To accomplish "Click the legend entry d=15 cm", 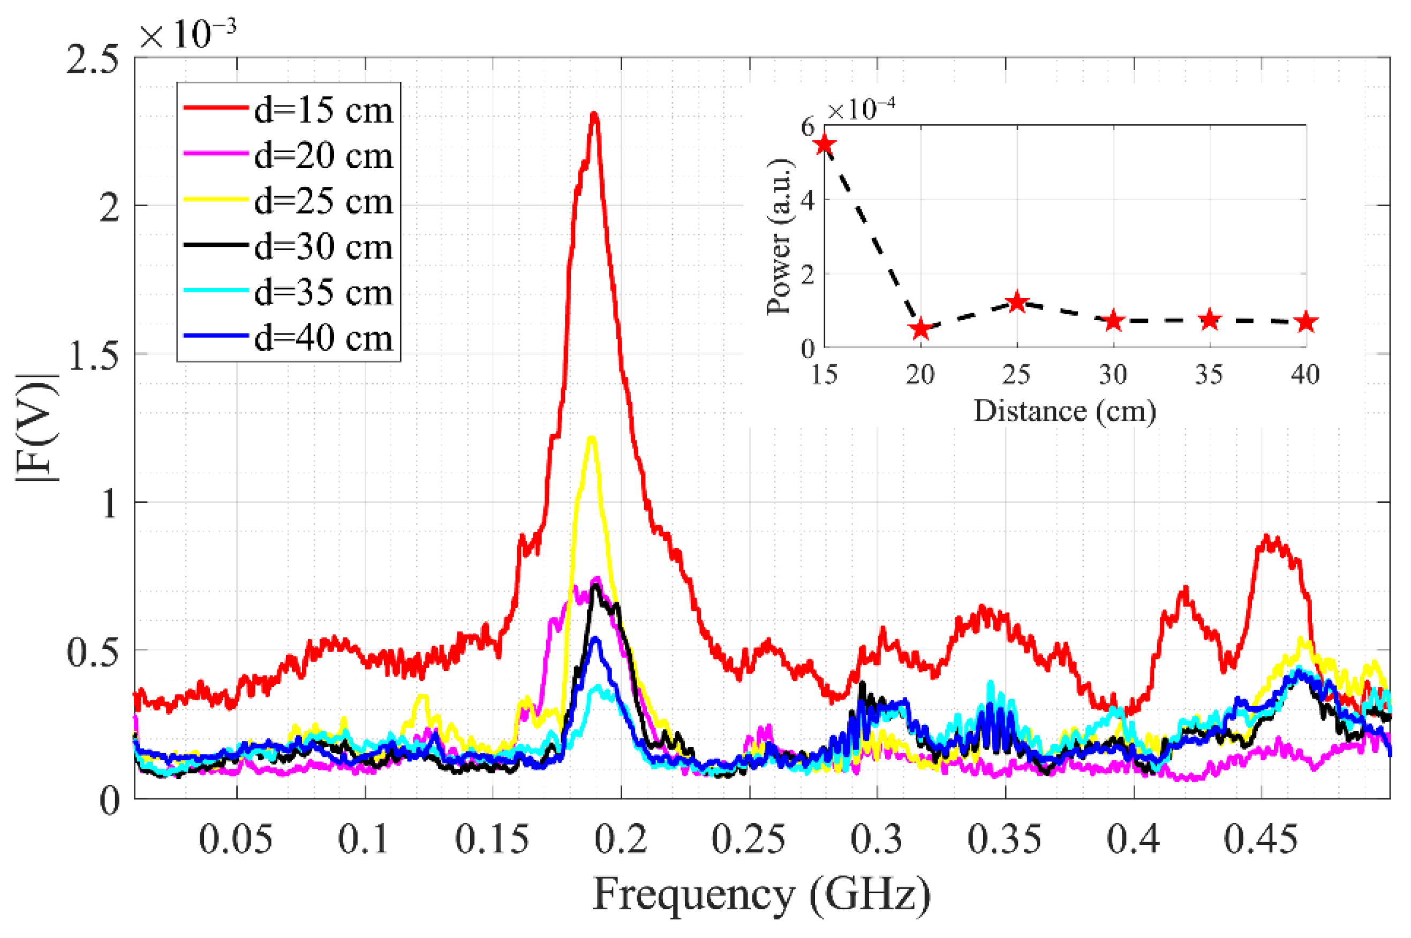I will (x=323, y=111).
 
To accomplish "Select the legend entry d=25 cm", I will (x=323, y=202).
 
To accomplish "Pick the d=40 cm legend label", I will (x=323, y=338).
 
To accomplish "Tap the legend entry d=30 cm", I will (x=323, y=247).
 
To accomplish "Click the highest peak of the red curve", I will (x=594, y=115).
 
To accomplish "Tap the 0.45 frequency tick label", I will (x=1261, y=839).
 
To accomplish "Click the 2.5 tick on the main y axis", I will (x=92, y=60).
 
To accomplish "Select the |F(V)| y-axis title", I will (x=37, y=428).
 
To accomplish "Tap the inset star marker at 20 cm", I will (x=920, y=329).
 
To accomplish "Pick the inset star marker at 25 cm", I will (x=1017, y=302).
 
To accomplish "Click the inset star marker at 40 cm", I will (x=1306, y=322).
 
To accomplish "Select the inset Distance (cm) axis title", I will (x=1064, y=411).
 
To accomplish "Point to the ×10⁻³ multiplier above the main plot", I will (x=187, y=35).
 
